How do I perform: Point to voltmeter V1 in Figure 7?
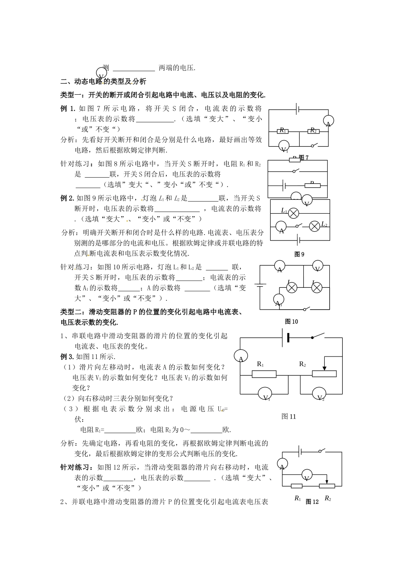284,147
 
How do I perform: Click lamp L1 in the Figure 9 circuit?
294,213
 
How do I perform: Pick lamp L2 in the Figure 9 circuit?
315,226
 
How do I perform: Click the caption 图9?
299,254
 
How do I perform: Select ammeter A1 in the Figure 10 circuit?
279,301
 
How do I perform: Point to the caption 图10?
291,321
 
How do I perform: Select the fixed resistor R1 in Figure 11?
264,374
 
